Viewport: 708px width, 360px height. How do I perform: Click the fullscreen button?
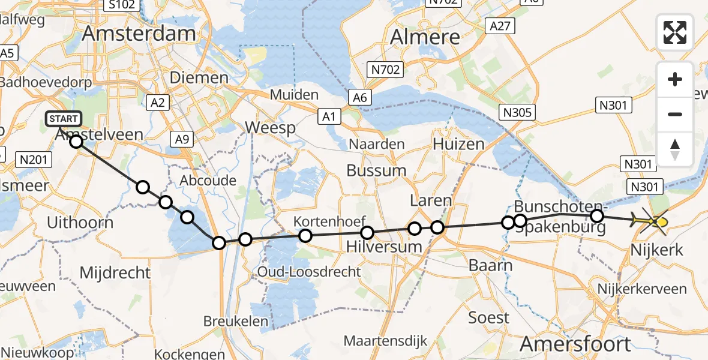point(675,32)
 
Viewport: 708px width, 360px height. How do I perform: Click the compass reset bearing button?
point(675,149)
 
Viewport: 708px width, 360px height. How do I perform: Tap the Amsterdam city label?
point(139,34)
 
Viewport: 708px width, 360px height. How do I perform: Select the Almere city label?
point(425,37)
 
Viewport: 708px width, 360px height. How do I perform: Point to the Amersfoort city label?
point(575,344)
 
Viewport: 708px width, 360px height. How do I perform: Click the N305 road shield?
point(519,112)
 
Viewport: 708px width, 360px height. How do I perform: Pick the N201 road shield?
point(37,160)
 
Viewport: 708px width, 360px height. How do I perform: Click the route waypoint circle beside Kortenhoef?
point(305,236)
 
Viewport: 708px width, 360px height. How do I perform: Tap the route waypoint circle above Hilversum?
point(367,233)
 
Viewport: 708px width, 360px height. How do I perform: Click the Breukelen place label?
point(236,321)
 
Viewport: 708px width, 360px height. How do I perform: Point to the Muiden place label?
point(294,94)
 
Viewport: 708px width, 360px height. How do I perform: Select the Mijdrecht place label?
point(115,273)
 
